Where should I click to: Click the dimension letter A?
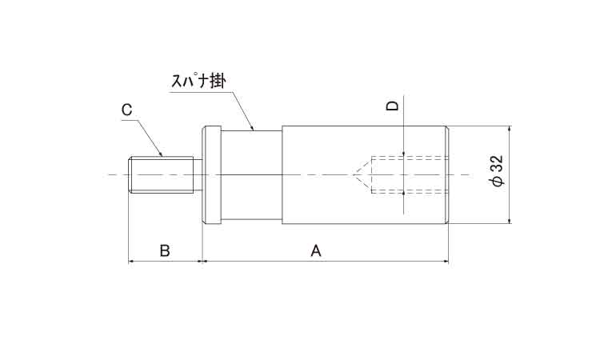[316, 251]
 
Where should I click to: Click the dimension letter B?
[165, 251]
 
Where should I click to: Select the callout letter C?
[126, 110]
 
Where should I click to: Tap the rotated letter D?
[392, 106]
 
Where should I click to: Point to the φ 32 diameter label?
[497, 171]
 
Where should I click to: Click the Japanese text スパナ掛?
[198, 81]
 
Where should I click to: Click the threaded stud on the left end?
[161, 175]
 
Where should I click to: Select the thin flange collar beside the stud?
[212, 175]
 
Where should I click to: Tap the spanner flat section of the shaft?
[251, 175]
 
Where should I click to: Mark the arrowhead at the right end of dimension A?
[446, 262]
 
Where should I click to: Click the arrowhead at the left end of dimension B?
[131, 262]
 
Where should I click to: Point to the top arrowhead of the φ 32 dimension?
[509, 130]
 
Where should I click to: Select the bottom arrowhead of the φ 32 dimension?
[509, 221]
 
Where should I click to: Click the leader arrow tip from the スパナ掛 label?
[253, 130]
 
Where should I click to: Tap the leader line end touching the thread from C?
[162, 155]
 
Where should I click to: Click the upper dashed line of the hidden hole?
[410, 157]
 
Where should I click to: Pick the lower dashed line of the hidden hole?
[410, 194]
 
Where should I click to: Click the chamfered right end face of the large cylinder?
[446, 175]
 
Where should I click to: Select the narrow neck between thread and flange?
[198, 175]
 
